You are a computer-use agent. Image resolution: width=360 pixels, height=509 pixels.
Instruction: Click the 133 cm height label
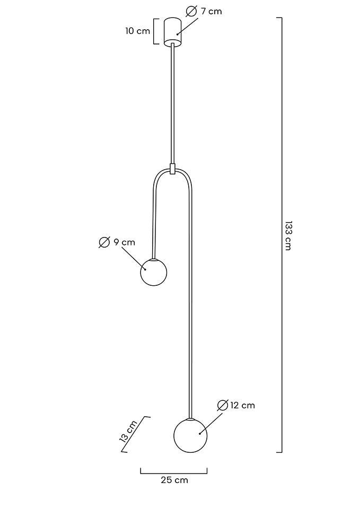click(x=287, y=235)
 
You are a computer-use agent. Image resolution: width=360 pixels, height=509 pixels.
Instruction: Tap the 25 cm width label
click(x=174, y=480)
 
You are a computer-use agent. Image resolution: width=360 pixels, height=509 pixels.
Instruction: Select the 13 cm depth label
click(x=128, y=432)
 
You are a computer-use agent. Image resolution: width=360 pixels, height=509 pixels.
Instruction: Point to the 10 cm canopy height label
click(x=138, y=31)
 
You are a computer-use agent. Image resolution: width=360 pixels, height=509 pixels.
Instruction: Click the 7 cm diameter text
click(x=211, y=11)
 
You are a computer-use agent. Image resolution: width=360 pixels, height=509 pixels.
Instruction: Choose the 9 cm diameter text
click(x=124, y=242)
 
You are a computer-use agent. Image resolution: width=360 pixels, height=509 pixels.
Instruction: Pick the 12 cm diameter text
click(x=242, y=406)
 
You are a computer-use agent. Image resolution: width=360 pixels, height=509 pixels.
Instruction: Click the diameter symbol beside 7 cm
click(x=191, y=11)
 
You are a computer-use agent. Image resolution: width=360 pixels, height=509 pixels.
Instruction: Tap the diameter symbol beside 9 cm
click(x=104, y=242)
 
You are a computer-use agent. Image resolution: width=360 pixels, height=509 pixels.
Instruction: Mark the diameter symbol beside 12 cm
click(x=223, y=406)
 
